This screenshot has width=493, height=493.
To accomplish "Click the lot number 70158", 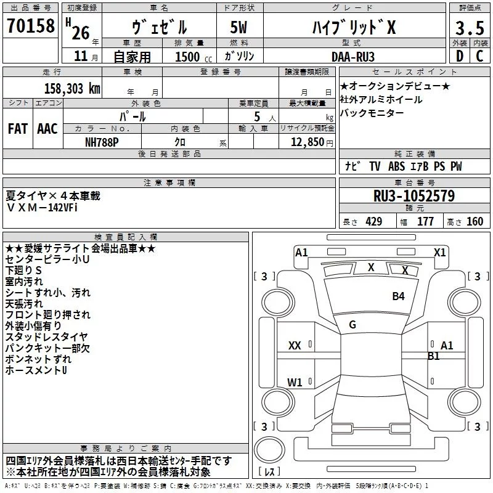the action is [x=31, y=26].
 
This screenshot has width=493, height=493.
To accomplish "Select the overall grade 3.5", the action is [x=470, y=28].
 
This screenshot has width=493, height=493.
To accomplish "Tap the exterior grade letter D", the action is [x=460, y=56].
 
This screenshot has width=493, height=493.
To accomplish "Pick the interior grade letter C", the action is [x=479, y=56].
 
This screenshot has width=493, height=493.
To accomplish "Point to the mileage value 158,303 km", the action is [x=72, y=89].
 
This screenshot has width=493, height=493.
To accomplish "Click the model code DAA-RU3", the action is [x=353, y=57].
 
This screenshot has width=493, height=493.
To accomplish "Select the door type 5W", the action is [x=238, y=27].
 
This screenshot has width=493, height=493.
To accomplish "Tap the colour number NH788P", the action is [x=102, y=142].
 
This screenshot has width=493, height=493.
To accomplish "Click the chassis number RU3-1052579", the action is [x=414, y=196].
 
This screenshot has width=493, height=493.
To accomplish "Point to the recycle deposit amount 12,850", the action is [x=307, y=142].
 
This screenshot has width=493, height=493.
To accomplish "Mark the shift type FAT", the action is [x=18, y=129].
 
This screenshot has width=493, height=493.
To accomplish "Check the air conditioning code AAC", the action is [x=47, y=129].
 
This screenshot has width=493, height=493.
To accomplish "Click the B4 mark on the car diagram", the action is [x=398, y=296].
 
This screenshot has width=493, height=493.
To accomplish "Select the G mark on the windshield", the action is [x=352, y=325].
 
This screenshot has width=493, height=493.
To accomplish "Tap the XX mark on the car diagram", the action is [x=295, y=346].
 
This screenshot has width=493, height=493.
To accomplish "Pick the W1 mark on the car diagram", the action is [x=295, y=382].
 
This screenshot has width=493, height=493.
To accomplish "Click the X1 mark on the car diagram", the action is [x=439, y=253].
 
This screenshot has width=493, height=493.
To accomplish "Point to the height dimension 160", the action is [x=475, y=222].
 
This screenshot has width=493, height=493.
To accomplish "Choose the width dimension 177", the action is [x=425, y=222].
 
